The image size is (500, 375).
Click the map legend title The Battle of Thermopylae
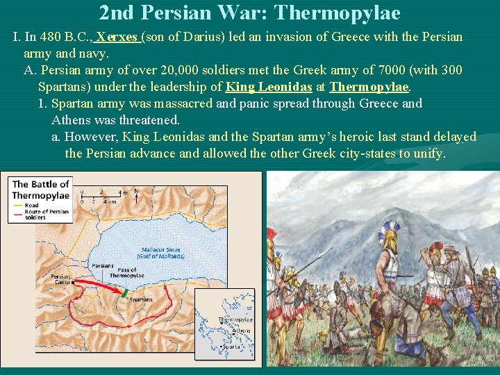(x=40, y=190)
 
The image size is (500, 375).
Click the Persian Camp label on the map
(x=60, y=280)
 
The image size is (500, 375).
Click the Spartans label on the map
(x=141, y=299)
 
